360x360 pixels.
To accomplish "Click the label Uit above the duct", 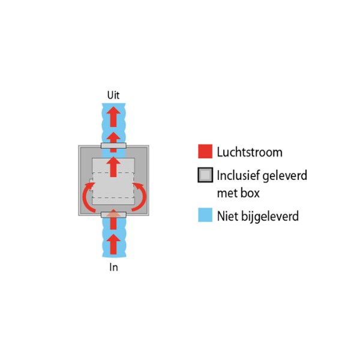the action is [113, 95].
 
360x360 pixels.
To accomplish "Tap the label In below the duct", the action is [113, 267].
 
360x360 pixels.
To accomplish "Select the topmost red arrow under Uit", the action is [113, 116].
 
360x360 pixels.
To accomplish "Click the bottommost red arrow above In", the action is [113, 244].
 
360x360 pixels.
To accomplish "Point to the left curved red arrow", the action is [85, 197].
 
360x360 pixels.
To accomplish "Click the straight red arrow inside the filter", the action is [113, 167].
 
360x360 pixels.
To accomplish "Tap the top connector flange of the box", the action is [113, 146].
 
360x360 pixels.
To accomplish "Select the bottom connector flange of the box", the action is [113, 215].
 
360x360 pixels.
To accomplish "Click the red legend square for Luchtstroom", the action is [205, 151].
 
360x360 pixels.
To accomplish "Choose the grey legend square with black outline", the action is [205, 175].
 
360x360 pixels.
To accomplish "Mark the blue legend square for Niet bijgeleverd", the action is [205, 215].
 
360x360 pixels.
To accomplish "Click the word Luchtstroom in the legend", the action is [250, 152].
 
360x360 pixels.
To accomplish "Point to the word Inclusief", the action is [238, 175].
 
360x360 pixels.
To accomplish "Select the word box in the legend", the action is [250, 193].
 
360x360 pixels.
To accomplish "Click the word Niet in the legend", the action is [228, 216].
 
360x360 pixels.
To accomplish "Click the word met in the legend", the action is [227, 193].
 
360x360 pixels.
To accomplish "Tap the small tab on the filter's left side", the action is [91, 185].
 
